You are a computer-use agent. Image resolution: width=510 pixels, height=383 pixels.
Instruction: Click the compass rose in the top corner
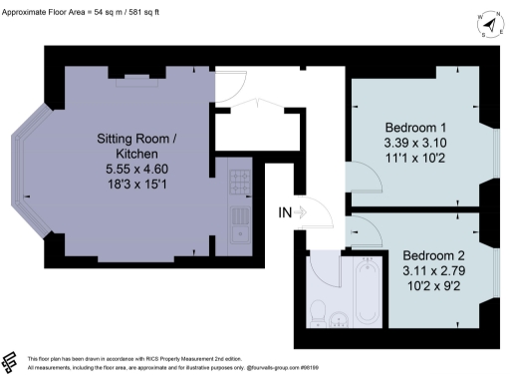(487, 22)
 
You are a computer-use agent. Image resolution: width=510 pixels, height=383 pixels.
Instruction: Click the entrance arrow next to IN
(306, 210)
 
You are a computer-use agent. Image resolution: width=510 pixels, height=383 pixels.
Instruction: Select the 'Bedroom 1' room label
(416, 128)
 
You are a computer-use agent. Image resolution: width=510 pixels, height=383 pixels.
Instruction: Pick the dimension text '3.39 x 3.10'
(416, 143)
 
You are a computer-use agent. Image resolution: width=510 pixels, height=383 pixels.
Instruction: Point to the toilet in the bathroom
(318, 309)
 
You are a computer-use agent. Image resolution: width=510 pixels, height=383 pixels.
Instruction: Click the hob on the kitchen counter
(239, 183)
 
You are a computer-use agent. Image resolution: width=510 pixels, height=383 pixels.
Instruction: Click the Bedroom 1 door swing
(364, 181)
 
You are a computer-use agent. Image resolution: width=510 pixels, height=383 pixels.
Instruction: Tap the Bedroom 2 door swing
(365, 231)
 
